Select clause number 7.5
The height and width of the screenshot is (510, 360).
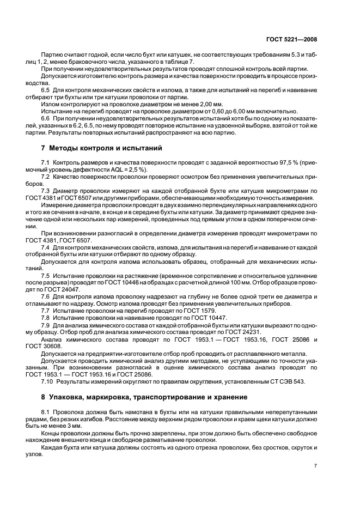pos(46,276)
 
